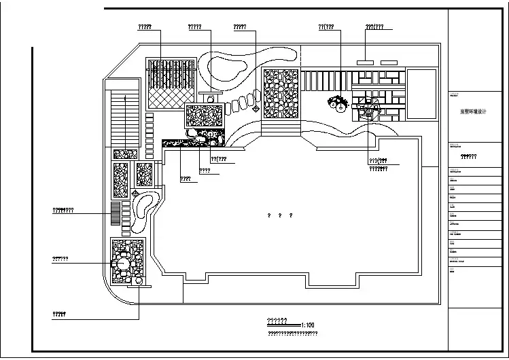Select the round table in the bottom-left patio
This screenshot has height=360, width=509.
(x=123, y=263)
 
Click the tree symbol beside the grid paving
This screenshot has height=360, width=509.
(x=338, y=103)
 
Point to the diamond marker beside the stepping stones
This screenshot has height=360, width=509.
(x=256, y=108)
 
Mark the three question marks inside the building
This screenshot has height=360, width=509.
(x=280, y=215)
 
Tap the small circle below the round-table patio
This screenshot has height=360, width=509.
(x=139, y=280)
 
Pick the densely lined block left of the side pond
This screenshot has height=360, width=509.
(x=116, y=212)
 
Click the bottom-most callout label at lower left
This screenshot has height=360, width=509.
(x=59, y=314)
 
